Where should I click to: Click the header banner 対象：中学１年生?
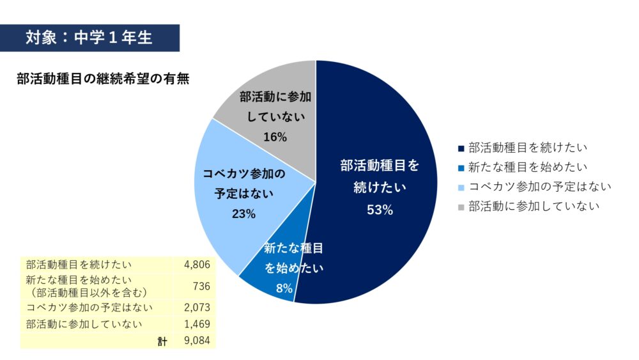point(89,38)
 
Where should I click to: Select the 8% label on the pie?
point(284,288)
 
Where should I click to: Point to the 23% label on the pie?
point(243,214)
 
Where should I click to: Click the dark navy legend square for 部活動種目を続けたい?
point(461,148)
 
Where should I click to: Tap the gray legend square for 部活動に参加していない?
point(461,207)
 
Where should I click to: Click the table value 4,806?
point(197,264)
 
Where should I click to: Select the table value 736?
point(201,286)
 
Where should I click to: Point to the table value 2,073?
point(197,308)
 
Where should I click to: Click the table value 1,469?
point(197,324)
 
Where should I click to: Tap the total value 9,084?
point(197,341)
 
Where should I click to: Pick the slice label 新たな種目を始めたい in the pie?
point(294,258)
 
